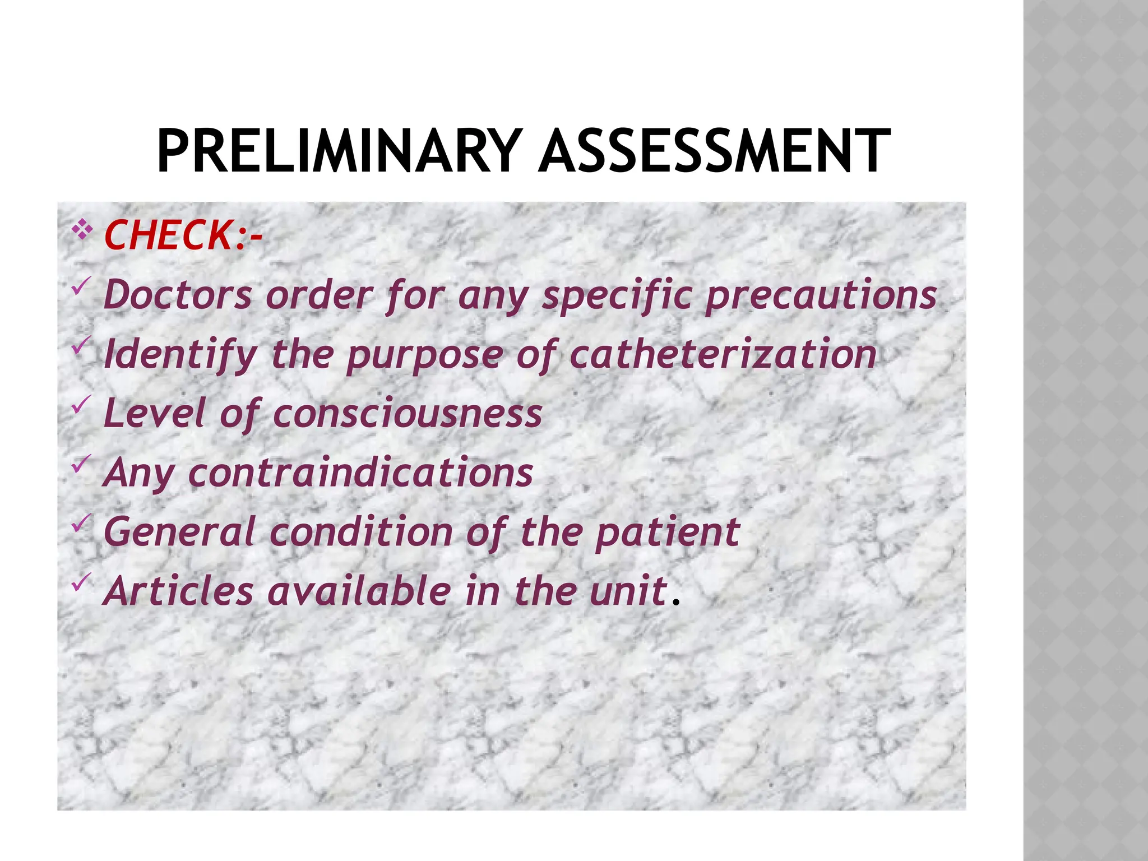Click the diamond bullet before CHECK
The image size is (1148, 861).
click(82, 230)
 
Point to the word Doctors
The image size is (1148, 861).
click(178, 295)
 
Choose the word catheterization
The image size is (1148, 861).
click(723, 354)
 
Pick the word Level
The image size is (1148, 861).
click(155, 414)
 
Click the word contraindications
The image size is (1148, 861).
click(360, 473)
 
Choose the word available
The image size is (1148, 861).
click(359, 591)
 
